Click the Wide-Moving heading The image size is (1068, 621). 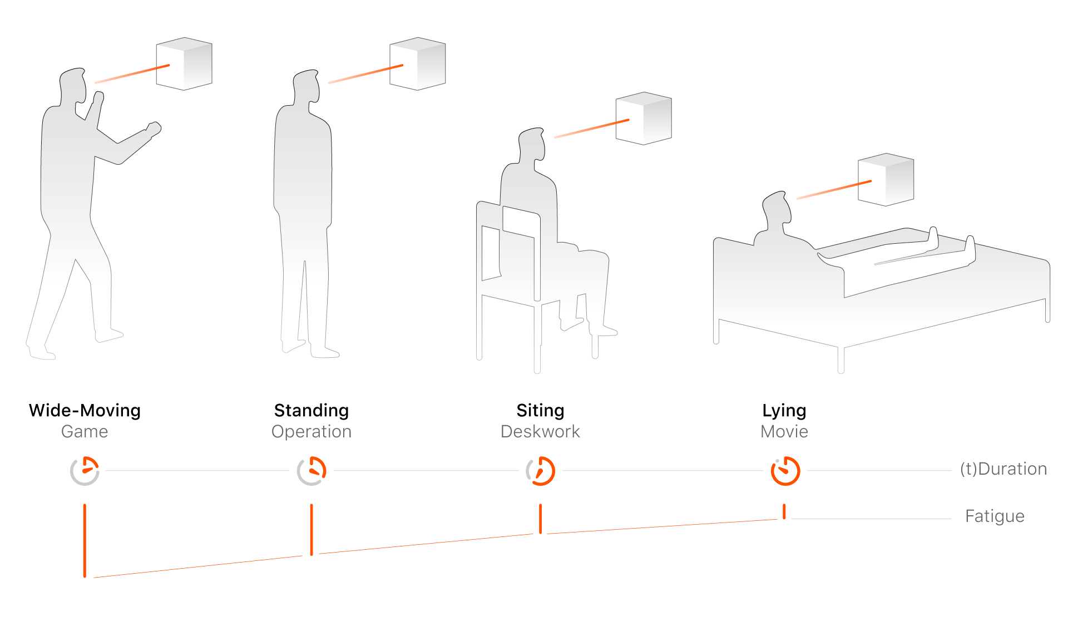click(x=85, y=410)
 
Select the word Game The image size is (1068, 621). click(x=85, y=431)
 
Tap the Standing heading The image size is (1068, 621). click(x=311, y=411)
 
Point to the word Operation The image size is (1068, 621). click(x=311, y=432)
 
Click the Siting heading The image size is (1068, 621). click(x=540, y=411)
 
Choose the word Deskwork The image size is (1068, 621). click(x=540, y=431)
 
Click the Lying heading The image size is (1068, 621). click(x=784, y=411)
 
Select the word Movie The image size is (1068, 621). click(x=784, y=431)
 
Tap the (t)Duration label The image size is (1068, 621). click(x=1003, y=469)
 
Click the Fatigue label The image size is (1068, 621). click(x=995, y=516)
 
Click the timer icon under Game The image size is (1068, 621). click(x=85, y=471)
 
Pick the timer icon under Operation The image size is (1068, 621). click(x=311, y=471)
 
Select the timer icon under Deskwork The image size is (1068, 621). click(x=541, y=471)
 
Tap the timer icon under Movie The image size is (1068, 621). click(x=785, y=471)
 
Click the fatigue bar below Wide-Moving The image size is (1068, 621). click(x=85, y=541)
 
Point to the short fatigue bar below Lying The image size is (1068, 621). click(x=784, y=511)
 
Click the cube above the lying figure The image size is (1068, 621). click(x=886, y=180)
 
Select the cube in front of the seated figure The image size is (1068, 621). click(x=644, y=119)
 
